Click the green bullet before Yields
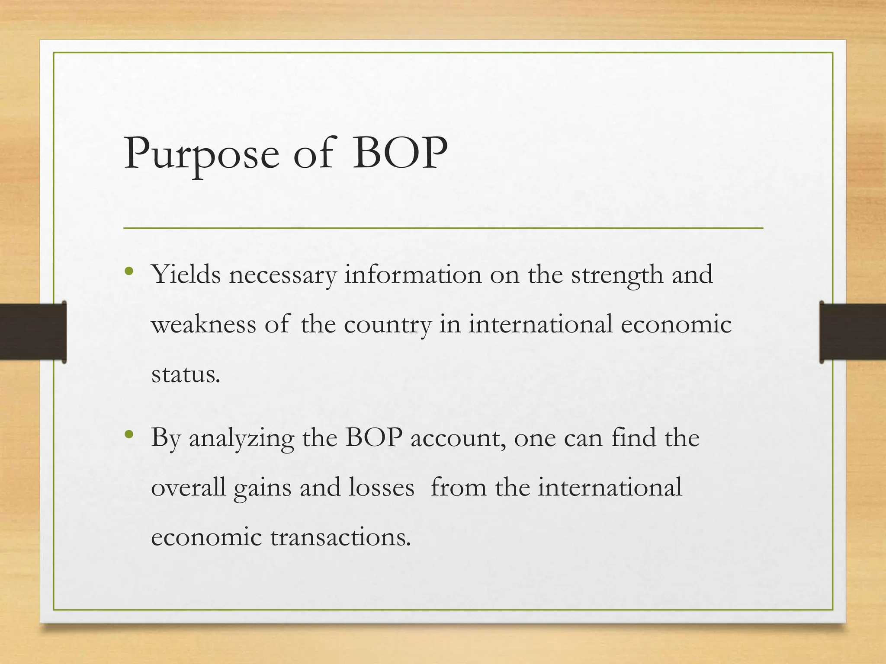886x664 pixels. (129, 271)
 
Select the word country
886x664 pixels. (388, 325)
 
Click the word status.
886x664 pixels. (186, 374)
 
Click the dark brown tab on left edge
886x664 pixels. (32, 332)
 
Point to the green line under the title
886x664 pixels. (443, 228)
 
